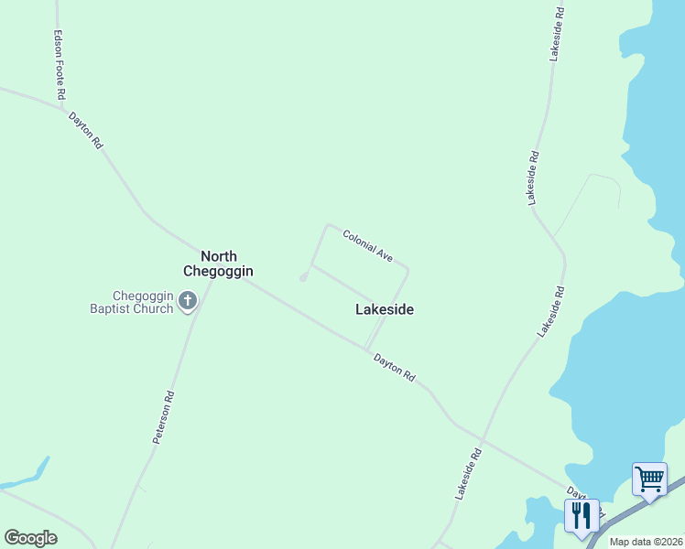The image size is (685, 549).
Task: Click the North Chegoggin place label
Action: [x=218, y=264]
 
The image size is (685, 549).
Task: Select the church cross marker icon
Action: [x=188, y=301]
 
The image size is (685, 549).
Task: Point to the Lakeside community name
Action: [x=384, y=309]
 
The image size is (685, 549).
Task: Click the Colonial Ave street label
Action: [x=368, y=247]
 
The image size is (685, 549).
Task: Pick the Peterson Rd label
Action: [x=164, y=417]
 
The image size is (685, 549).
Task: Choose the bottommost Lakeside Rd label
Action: [x=468, y=472]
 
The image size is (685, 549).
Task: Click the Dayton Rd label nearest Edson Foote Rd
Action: [x=86, y=130]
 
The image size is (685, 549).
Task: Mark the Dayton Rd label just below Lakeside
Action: [x=395, y=368]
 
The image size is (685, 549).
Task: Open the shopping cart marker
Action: [x=649, y=478]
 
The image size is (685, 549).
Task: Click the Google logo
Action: [x=30, y=538]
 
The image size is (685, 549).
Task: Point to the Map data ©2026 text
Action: [x=646, y=542]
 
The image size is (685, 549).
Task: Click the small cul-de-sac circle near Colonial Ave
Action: [x=304, y=277]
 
